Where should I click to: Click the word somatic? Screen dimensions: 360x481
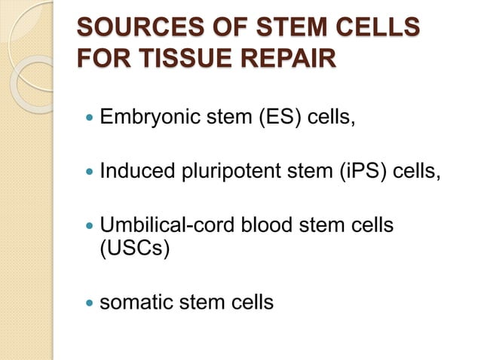click(136, 303)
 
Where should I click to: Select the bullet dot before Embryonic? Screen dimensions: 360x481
click(90, 119)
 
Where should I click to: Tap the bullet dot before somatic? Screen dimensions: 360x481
click(90, 304)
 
